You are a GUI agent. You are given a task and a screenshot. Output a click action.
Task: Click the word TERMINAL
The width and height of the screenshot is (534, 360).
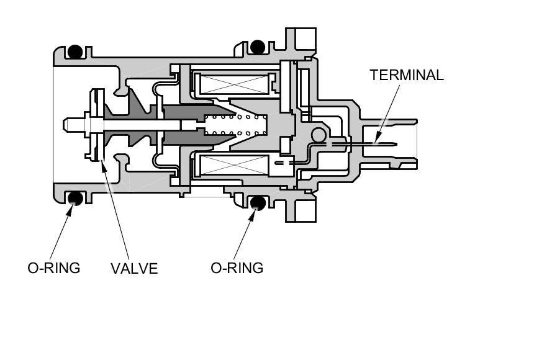click(x=407, y=75)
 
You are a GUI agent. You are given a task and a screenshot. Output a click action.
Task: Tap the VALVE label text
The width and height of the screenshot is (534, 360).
click(x=134, y=269)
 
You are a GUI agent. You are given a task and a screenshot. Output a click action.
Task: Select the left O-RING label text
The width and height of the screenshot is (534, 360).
click(x=54, y=268)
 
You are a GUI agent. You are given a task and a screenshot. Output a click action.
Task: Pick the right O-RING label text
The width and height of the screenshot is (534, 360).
click(x=237, y=268)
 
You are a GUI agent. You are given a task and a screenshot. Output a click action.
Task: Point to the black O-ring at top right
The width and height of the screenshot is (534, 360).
click(x=258, y=46)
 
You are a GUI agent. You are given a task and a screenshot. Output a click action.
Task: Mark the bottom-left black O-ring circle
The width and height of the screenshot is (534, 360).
click(x=75, y=198)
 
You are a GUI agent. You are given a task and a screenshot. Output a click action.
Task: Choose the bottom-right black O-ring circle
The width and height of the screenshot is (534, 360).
click(x=258, y=202)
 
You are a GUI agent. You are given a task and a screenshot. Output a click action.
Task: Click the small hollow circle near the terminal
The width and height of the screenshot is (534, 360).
click(x=318, y=134)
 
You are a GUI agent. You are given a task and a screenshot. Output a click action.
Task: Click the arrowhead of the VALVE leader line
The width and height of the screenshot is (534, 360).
click(x=102, y=162)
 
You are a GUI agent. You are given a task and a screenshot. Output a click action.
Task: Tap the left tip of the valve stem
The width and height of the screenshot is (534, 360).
click(x=65, y=124)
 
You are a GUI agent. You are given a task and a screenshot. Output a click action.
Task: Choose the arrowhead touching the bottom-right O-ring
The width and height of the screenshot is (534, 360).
click(x=254, y=210)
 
